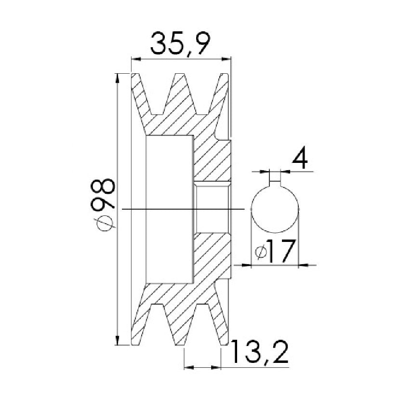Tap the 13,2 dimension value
point(260,352)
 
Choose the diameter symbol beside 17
point(262,253)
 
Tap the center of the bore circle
point(275,209)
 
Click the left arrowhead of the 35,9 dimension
point(136,59)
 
